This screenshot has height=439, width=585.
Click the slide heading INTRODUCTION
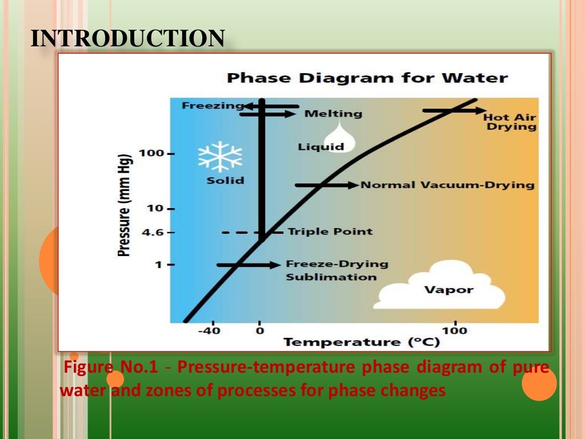pyautogui.click(x=127, y=39)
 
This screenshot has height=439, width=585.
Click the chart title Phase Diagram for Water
pyautogui.click(x=367, y=78)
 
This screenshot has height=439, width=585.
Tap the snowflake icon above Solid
pyautogui.click(x=220, y=157)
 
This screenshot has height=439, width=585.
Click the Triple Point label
pyautogui.click(x=330, y=232)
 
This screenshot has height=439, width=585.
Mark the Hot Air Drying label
pyautogui.click(x=511, y=122)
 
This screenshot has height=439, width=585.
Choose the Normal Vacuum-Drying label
pyautogui.click(x=447, y=185)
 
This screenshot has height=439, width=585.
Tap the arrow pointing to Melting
pyautogui.click(x=267, y=114)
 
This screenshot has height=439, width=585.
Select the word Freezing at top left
pyautogui.click(x=205, y=106)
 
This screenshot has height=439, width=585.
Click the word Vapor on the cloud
pyautogui.click(x=448, y=290)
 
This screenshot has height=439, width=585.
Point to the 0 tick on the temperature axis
pyautogui.click(x=260, y=330)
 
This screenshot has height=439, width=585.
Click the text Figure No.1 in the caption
pyautogui.click(x=111, y=367)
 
